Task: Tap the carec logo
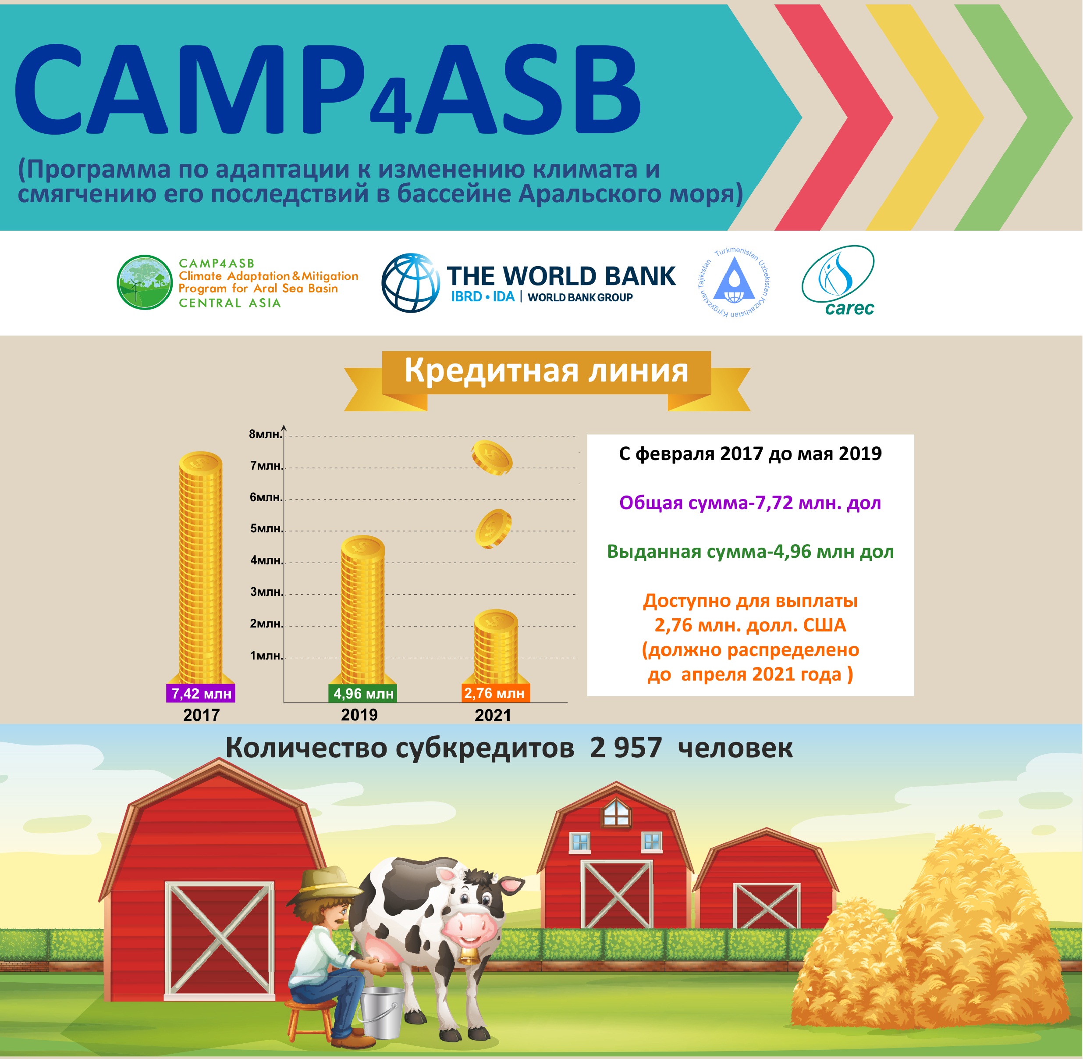[838, 281]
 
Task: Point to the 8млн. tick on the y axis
[265, 434]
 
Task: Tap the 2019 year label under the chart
[359, 715]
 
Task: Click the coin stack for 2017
[201, 567]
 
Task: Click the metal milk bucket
[381, 1012]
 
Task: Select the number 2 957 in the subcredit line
[626, 748]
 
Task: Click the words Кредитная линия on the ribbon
[546, 371]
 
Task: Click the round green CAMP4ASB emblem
[145, 282]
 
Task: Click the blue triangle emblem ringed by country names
[734, 282]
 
